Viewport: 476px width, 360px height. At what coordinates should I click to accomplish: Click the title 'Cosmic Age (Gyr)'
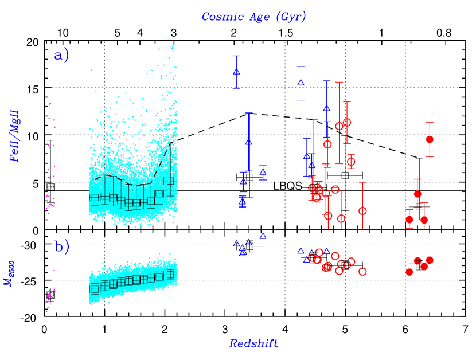pos(253,17)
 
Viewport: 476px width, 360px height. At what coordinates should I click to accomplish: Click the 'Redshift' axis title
pos(253,343)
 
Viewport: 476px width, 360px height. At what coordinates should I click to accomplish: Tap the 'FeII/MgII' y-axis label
pos(15,136)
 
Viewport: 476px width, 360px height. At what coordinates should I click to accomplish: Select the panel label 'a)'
pos(61,56)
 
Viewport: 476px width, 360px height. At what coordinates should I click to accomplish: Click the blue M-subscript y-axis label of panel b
pos(10,273)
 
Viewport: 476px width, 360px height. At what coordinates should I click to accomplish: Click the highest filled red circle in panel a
pos(430,139)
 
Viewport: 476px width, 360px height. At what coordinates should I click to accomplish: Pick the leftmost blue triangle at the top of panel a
pos(236,72)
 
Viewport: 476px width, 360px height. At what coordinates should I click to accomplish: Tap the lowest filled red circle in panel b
pos(409,272)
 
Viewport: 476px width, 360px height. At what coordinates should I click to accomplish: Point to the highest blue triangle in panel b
pos(263,236)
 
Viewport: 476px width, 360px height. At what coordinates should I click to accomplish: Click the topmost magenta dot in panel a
pos(50,104)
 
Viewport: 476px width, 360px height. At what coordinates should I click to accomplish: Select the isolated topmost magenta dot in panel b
pos(54,271)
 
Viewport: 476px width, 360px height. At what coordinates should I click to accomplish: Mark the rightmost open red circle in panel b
pos(362,271)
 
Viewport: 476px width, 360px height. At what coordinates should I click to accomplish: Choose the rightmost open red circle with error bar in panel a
pos(362,211)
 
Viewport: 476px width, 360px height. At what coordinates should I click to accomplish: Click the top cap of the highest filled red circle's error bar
pos(430,123)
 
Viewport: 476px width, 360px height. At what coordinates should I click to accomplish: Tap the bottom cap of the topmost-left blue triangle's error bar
pos(236,88)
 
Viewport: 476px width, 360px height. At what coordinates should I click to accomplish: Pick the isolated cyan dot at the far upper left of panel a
pos(91,70)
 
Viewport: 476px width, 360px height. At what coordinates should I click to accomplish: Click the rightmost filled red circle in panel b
pos(430,260)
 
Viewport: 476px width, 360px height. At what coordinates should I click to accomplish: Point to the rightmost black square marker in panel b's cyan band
pos(170,274)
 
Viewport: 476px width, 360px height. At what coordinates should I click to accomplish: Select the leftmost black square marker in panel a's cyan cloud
pos(95,198)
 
